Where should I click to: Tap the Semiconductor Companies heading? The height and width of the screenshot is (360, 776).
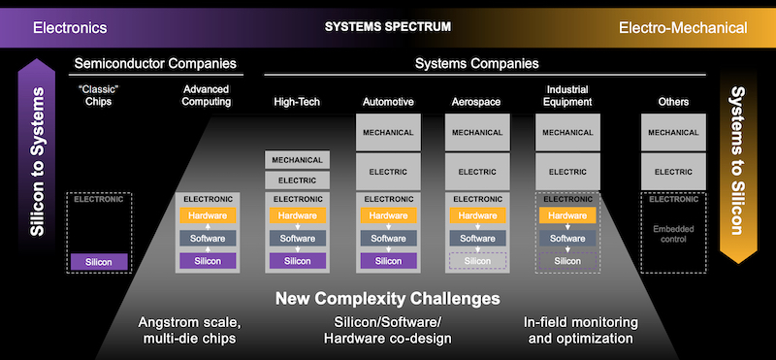pos(155,64)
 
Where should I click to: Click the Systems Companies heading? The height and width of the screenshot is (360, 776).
pos(476,64)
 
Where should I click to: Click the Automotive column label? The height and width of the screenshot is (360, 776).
pos(388,101)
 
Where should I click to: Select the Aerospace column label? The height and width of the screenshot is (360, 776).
pos(477,101)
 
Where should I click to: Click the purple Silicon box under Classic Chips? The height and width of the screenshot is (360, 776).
pos(99,261)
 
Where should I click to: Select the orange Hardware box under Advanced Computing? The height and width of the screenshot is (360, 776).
pos(206,215)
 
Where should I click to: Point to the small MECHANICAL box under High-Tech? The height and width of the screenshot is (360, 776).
pos(298,159)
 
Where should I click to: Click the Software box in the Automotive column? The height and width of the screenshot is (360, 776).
pos(388,238)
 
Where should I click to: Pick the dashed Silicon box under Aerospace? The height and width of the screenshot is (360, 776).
pos(477,261)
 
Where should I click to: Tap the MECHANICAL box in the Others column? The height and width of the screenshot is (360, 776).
pos(673,131)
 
